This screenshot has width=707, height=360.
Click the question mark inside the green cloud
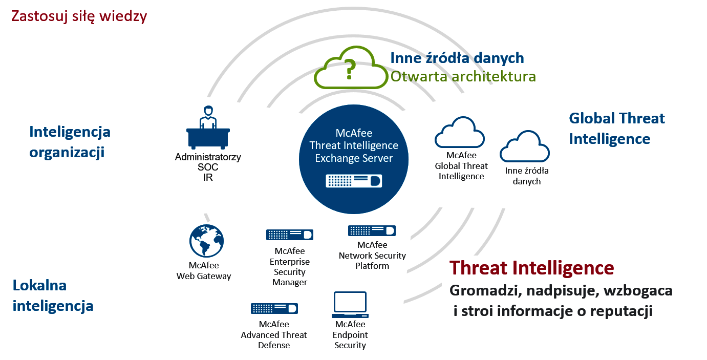[349, 70]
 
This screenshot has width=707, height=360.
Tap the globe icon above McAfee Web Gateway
[206, 241]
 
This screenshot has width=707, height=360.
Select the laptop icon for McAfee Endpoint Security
[350, 305]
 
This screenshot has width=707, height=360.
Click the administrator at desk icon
[208, 128]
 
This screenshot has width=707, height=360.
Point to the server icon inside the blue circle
[354, 181]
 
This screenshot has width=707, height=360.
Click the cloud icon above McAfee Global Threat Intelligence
[460, 132]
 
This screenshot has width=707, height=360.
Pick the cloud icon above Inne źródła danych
[525, 146]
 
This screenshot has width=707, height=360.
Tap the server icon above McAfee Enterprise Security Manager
[290, 235]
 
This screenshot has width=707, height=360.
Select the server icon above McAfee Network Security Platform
[372, 230]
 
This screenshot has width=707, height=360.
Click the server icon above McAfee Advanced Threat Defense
[274, 308]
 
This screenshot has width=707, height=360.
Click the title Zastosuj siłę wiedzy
[79, 16]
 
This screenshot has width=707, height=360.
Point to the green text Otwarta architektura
[463, 76]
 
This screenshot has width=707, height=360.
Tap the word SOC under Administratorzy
[208, 167]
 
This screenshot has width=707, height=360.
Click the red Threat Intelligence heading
[532, 268]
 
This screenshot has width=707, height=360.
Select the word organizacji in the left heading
[67, 153]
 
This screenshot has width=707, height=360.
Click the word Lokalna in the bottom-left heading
[39, 285]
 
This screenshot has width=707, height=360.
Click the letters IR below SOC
[208, 178]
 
